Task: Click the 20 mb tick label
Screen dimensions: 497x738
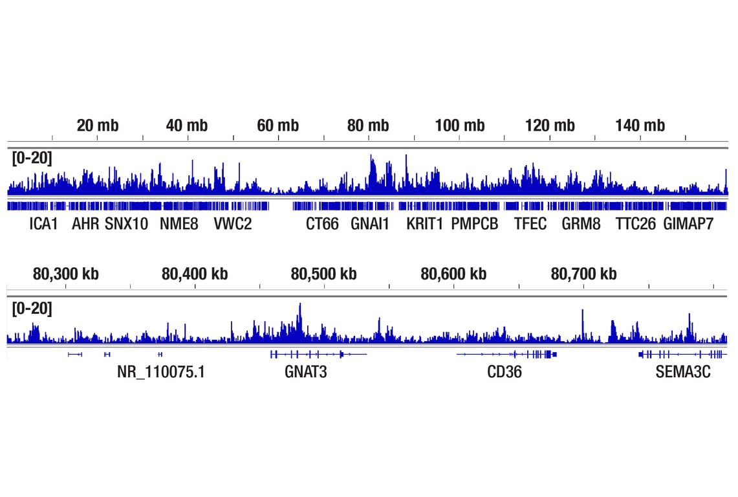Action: pos(98,126)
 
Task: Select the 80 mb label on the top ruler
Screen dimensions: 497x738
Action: pos(368,126)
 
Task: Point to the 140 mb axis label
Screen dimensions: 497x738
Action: pos(640,126)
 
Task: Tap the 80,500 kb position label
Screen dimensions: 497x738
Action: pos(323,274)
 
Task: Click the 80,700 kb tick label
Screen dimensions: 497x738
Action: pos(583,274)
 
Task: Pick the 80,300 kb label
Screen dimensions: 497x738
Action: pos(65,274)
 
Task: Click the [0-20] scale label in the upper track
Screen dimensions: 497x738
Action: pos(32,159)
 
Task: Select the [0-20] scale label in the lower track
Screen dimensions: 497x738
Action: pos(32,309)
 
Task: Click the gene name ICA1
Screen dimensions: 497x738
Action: pos(44,225)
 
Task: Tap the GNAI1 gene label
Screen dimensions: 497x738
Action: pos(371,225)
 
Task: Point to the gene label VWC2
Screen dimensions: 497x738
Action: pos(233,225)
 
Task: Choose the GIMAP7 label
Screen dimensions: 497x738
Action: pos(689,225)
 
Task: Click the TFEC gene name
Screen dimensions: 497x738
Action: pos(530,225)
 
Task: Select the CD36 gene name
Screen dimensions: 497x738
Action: pos(505,372)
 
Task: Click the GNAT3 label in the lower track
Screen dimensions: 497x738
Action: pos(306,372)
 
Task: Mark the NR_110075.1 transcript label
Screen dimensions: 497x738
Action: pos(161,372)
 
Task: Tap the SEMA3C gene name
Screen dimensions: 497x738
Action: pos(683,372)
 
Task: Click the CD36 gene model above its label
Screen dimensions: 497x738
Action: pos(506,354)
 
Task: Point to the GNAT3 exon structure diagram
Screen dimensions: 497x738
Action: pos(317,354)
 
